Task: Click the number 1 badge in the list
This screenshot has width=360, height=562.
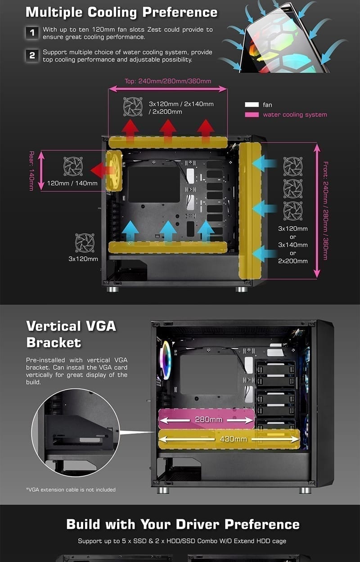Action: [32, 33]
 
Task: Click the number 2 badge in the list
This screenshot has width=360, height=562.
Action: [32, 55]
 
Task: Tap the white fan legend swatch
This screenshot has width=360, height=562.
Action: [252, 105]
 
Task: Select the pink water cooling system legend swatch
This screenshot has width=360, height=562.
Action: [252, 115]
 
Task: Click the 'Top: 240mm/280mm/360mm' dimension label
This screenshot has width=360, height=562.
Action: [168, 81]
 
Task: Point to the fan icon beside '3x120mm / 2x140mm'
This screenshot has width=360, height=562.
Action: [133, 107]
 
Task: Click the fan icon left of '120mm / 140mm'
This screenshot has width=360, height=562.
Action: [73, 166]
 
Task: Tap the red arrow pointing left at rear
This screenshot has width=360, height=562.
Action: [100, 170]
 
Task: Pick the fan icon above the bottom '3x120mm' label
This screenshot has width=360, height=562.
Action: [85, 243]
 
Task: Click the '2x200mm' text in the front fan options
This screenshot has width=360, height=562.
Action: [293, 261]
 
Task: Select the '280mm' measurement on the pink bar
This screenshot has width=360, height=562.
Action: [208, 419]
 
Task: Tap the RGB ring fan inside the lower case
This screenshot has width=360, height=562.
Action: [166, 360]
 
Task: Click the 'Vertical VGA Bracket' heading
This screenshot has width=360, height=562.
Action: [72, 334]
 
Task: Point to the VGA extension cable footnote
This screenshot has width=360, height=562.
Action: [71, 490]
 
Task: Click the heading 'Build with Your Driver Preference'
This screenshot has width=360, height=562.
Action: [183, 524]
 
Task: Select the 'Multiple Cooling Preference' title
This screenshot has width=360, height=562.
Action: [121, 12]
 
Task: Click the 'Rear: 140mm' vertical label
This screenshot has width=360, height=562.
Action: [31, 171]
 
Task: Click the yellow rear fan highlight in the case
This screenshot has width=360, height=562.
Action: [113, 170]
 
